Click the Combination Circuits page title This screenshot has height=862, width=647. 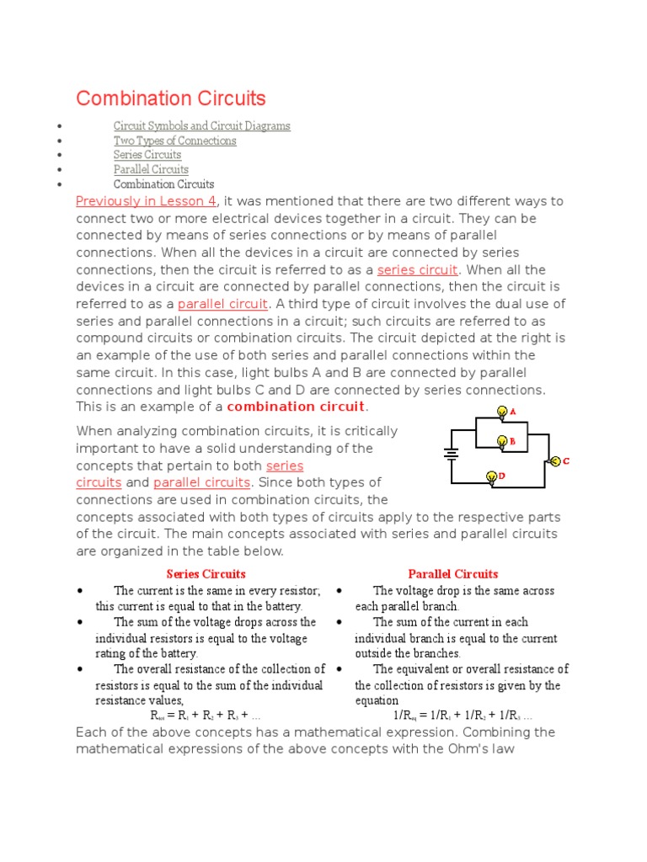[170, 98]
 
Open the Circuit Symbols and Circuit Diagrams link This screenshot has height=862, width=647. [201, 125]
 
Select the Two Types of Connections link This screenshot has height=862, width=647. [174, 141]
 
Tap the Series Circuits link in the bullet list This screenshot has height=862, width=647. [147, 155]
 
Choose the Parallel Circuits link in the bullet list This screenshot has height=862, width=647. [151, 169]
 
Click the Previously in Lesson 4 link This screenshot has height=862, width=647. [146, 201]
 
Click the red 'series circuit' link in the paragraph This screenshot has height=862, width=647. [417, 269]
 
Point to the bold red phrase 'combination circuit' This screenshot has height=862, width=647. [295, 407]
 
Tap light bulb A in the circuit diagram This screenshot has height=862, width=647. [503, 412]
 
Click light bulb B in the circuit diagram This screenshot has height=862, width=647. [503, 441]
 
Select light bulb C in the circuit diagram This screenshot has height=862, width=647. [554, 460]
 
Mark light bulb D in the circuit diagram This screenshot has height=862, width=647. [491, 477]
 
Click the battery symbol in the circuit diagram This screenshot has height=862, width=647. [451, 454]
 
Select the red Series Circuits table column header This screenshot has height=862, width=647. [206, 574]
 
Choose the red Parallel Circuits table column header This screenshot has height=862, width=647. [452, 574]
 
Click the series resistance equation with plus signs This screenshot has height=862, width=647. [206, 716]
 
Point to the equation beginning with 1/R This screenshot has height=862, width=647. [453, 716]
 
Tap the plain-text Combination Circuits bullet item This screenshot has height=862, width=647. [163, 184]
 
